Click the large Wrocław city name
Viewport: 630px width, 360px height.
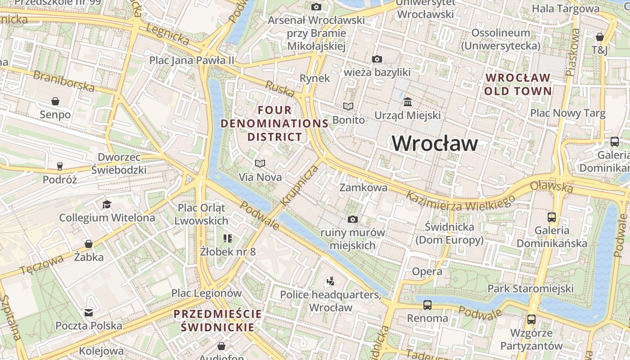coord(435,144)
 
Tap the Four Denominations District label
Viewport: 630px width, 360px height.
coord(274,123)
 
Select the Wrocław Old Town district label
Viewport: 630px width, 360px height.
coord(518,84)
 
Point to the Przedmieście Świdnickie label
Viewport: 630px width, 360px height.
coord(218,320)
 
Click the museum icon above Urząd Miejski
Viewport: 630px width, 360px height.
coord(408,101)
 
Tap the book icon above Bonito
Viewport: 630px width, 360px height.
coord(348,106)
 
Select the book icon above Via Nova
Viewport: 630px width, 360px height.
coord(260,163)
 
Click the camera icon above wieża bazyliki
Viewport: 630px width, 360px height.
coord(377,59)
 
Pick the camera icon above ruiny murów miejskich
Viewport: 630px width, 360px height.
coord(353,219)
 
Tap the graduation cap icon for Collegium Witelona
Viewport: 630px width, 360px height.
coord(107,204)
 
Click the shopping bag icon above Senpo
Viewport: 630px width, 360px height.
coord(55,101)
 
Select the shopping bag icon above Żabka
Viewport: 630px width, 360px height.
coord(89,244)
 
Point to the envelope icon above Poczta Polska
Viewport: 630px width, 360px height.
coord(89,312)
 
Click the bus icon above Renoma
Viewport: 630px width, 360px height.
coord(427,305)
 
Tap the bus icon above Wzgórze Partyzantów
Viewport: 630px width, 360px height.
coord(531,319)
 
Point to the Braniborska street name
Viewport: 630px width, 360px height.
coord(64,81)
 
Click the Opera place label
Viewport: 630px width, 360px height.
coord(427,271)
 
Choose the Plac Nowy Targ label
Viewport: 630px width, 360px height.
coord(567,113)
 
